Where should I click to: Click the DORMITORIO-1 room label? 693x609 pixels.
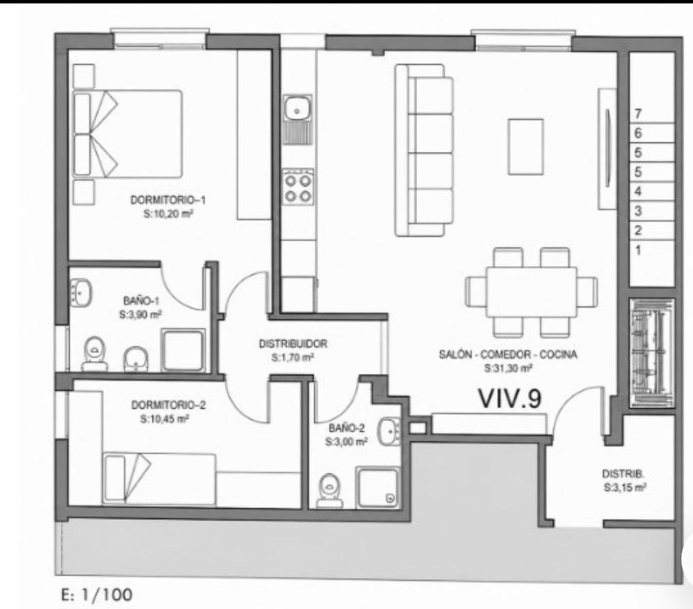[x=168, y=200]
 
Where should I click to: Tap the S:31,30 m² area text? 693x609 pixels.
[x=508, y=368]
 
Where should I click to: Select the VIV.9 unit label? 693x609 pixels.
[x=510, y=398]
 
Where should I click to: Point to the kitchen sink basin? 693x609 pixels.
[x=298, y=108]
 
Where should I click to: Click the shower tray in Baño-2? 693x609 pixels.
[x=378, y=488]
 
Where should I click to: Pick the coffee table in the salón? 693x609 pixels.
[x=525, y=146]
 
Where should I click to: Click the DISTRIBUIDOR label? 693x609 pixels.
[x=293, y=343]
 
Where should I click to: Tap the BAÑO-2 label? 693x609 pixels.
[x=346, y=428]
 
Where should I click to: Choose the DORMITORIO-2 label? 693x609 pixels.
[x=168, y=405]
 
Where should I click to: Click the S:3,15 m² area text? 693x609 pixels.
[x=624, y=488]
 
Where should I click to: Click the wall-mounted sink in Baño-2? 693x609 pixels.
[x=389, y=431]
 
